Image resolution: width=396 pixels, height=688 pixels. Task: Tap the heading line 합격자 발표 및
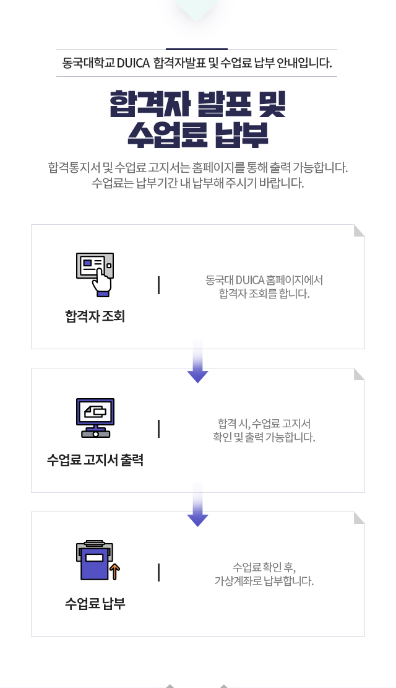(198, 105)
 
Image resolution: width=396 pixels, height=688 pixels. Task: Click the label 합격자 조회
(95, 316)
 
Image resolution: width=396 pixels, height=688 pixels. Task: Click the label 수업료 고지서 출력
(95, 460)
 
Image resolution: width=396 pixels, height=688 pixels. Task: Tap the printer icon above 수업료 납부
(93, 560)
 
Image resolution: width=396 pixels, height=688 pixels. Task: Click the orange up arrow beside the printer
(115, 572)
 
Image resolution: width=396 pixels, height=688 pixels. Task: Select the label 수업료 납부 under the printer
(95, 603)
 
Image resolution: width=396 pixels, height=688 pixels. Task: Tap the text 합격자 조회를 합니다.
(264, 294)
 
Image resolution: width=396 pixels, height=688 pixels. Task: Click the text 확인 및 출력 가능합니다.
(264, 437)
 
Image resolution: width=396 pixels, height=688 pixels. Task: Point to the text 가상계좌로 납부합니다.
(264, 581)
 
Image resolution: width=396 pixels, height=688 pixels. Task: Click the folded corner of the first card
(359, 230)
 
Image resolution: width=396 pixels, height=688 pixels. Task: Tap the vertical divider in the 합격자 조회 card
(159, 285)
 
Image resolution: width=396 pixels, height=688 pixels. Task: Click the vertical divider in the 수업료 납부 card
(159, 573)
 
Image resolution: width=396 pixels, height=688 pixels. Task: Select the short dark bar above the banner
(197, 49)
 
